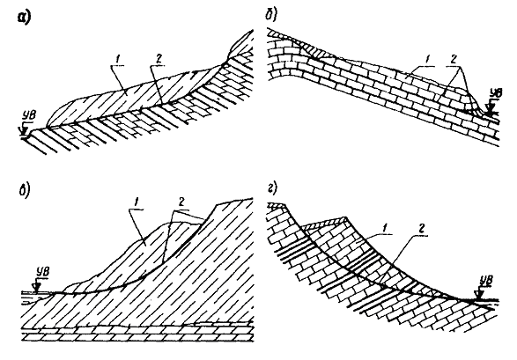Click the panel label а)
24,17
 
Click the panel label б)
272,14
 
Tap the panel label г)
272,187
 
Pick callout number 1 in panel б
427,60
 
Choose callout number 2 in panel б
454,59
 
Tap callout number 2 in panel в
181,202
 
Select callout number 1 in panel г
380,228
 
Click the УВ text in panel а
28,116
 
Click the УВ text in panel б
496,93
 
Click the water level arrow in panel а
24,129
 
